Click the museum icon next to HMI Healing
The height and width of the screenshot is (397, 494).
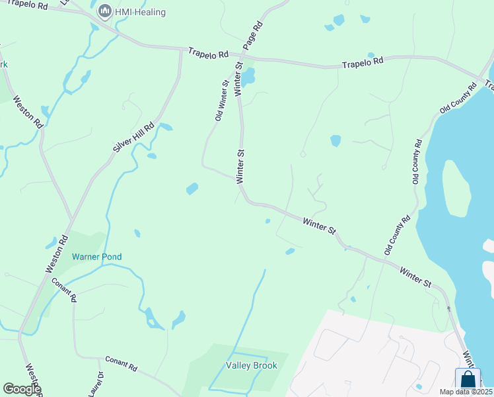(104, 11)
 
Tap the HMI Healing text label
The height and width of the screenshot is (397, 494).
(140, 12)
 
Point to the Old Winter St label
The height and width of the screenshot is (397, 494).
(221, 100)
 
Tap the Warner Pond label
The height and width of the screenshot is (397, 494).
(96, 257)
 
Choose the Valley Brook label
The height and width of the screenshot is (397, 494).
(251, 365)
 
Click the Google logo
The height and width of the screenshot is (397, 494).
(21, 389)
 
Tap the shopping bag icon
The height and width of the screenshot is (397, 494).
(468, 379)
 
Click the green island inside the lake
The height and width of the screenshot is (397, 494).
(454, 189)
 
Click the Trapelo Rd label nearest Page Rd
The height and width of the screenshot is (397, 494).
(207, 52)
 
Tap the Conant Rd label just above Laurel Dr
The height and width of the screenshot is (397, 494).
(120, 363)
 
